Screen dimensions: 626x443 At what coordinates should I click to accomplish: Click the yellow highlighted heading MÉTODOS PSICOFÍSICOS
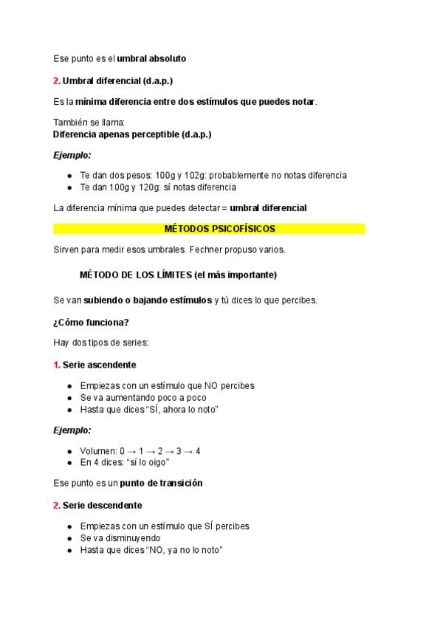click(x=209, y=229)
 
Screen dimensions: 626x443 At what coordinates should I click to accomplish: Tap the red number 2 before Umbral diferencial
click(x=56, y=80)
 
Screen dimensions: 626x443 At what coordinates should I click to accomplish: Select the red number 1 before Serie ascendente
click(x=56, y=365)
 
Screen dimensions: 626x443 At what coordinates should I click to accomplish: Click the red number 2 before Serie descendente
click(x=56, y=505)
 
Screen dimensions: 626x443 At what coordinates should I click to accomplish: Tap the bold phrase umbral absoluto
click(x=151, y=58)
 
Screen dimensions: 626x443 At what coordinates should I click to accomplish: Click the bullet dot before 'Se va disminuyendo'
click(x=69, y=538)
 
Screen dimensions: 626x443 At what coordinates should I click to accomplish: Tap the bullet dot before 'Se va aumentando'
click(x=69, y=397)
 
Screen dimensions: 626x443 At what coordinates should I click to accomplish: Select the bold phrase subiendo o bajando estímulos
click(x=148, y=300)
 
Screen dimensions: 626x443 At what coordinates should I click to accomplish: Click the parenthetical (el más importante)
click(x=235, y=275)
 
